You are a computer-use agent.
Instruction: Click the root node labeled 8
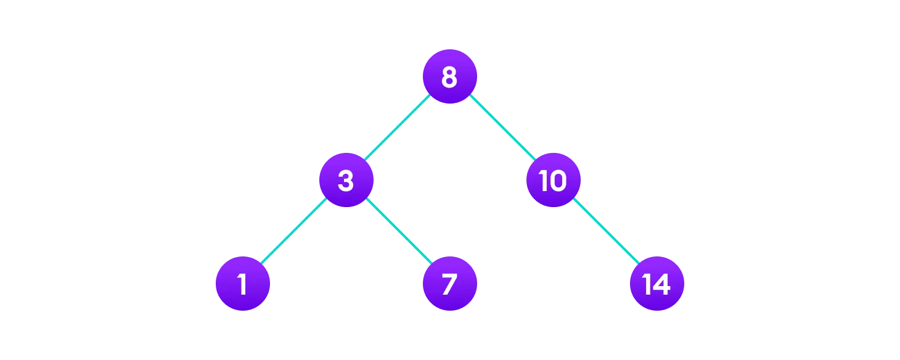pyautogui.click(x=449, y=76)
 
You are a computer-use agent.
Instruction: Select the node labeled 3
pyautogui.click(x=346, y=180)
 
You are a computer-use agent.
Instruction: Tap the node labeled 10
pyautogui.click(x=553, y=180)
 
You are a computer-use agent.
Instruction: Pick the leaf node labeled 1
pyautogui.click(x=242, y=284)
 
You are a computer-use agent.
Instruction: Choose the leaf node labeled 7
pyautogui.click(x=449, y=284)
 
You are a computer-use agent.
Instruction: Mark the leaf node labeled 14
pyautogui.click(x=657, y=284)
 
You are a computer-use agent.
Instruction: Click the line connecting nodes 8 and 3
pyautogui.click(x=398, y=128)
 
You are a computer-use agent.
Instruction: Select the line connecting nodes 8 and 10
pyautogui.click(x=501, y=128)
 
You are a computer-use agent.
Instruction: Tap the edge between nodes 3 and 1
pyautogui.click(x=294, y=232)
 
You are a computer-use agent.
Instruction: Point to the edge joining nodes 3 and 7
pyautogui.click(x=398, y=232)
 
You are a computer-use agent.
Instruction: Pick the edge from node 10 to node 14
pyautogui.click(x=605, y=232)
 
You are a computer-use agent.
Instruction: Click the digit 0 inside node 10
pyautogui.click(x=558, y=181)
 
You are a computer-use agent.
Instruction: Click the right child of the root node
pyautogui.click(x=553, y=180)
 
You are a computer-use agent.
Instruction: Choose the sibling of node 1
pyautogui.click(x=449, y=284)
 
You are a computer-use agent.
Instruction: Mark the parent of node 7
pyautogui.click(x=346, y=180)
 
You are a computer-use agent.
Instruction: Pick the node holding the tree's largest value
pyautogui.click(x=657, y=284)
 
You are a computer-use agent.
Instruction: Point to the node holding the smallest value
pyautogui.click(x=242, y=284)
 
